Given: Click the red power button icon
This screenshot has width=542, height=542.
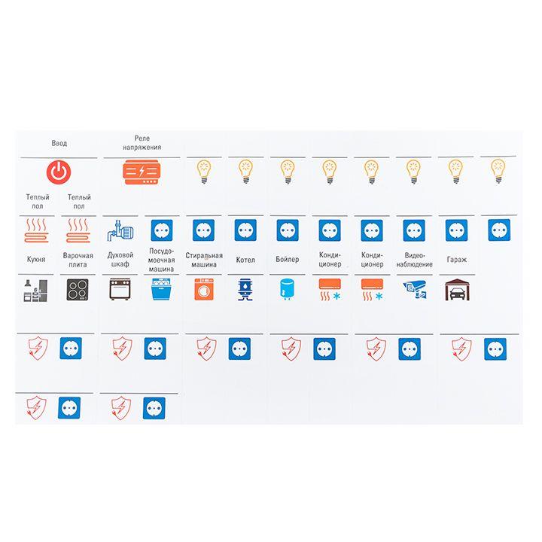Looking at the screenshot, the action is [x=59, y=172].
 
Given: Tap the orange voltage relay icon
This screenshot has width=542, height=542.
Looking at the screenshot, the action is [x=142, y=172].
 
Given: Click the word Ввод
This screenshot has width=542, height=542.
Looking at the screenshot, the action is [x=59, y=143].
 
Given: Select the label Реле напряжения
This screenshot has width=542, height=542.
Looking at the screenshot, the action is [x=142, y=143].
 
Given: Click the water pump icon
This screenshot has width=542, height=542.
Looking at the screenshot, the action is [x=120, y=230].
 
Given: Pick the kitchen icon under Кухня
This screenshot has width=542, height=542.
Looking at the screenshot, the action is [x=35, y=291].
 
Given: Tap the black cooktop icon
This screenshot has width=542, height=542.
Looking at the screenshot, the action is [x=78, y=289].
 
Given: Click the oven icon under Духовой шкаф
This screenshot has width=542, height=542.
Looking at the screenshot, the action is [x=120, y=289].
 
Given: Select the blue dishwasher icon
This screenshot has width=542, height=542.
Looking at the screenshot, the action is [x=161, y=289].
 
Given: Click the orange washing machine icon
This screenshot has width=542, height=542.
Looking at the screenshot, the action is [x=204, y=289].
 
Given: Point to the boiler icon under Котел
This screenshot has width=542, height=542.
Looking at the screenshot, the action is [x=245, y=290].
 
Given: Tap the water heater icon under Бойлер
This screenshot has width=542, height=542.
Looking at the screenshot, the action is [x=288, y=289].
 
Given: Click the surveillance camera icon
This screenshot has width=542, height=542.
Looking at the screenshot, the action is [x=415, y=290].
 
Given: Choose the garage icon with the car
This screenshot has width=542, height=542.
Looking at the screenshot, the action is [x=457, y=290].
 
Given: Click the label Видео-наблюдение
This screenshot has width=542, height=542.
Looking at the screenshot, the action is [x=415, y=260].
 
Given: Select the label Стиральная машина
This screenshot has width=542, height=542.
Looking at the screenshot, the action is [x=204, y=260].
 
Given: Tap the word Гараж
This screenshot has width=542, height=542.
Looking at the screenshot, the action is [x=457, y=260].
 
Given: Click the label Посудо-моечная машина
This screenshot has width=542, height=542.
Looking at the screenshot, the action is [x=161, y=260].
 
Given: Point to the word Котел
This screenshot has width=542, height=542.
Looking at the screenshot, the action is [x=245, y=260].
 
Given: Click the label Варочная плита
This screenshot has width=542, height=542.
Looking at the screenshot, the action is [x=78, y=260].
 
